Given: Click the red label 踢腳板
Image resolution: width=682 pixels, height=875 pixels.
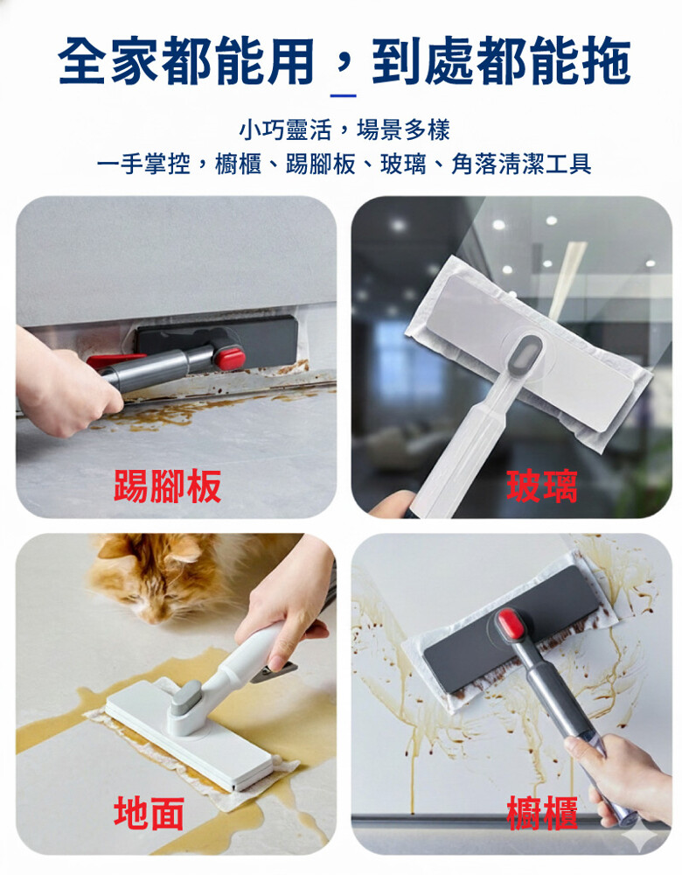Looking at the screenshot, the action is tap(167, 486).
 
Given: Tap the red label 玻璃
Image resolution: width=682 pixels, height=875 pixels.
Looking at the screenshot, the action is tap(541, 486).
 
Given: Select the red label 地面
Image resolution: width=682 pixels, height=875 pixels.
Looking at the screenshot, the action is tap(149, 813).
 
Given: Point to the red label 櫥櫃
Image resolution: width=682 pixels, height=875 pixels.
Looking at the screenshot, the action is tap(541, 813).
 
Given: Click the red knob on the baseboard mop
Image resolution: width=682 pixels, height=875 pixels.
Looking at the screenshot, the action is tap(230, 358).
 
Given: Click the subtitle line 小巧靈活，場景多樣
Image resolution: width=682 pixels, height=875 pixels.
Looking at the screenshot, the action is tap(344, 130).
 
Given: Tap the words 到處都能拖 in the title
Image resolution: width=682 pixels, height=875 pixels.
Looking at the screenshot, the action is tap(501, 60).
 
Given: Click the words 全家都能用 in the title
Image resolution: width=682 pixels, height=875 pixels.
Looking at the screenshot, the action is tap(186, 60).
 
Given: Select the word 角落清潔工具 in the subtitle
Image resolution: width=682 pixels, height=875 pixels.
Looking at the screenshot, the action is tap(521, 164).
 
